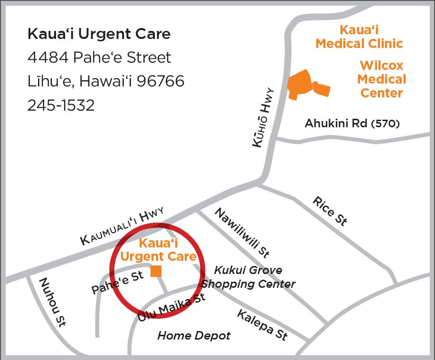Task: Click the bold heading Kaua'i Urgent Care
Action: (x=99, y=34)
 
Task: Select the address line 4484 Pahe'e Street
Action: (x=99, y=57)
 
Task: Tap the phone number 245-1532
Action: (x=61, y=105)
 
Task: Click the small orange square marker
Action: (x=156, y=271)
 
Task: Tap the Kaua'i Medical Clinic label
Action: (x=359, y=37)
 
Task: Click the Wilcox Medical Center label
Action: (x=382, y=79)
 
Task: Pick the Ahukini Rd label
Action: (x=337, y=123)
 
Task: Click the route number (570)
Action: (x=385, y=124)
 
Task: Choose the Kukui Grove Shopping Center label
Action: (x=248, y=277)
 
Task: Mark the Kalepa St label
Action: (x=262, y=325)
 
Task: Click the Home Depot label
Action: (x=194, y=336)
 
